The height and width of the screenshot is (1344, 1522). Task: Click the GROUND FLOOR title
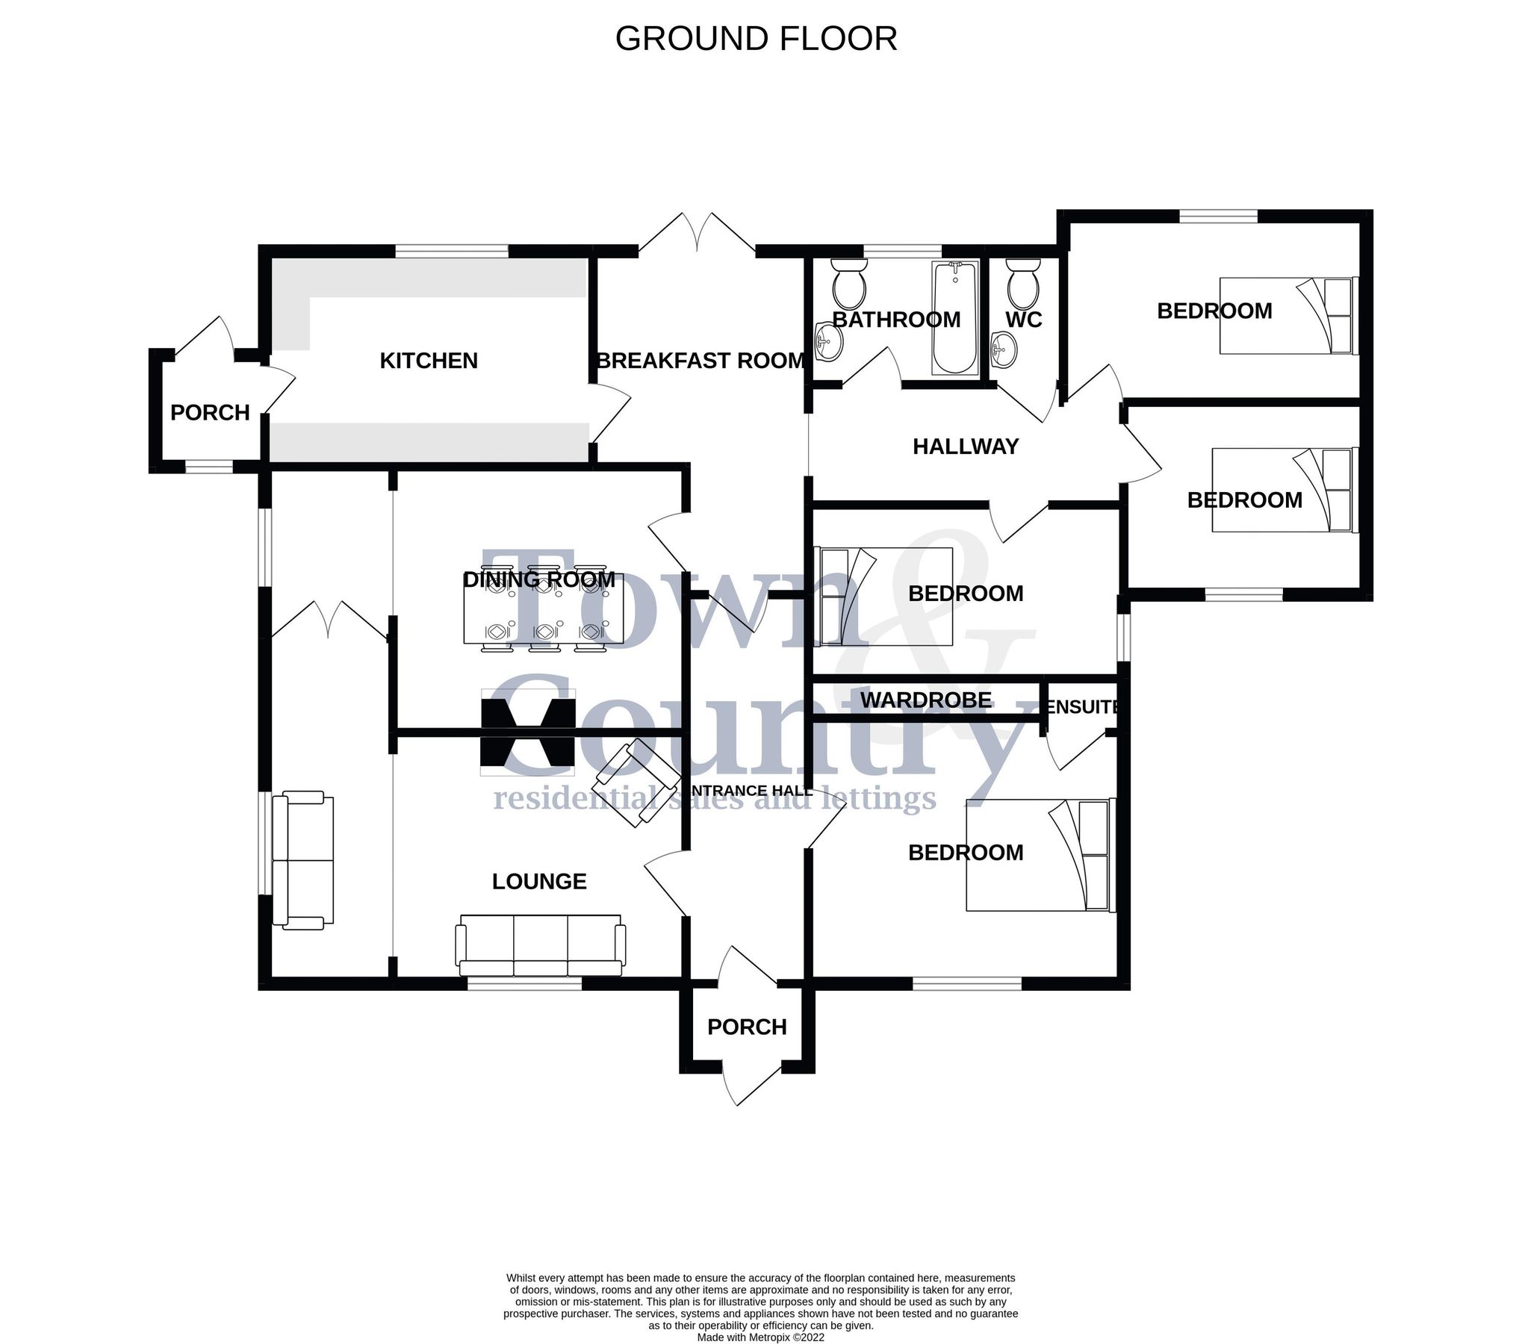pos(756,39)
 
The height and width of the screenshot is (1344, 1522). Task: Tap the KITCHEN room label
pos(429,361)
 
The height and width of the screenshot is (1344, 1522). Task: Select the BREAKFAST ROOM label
pos(701,361)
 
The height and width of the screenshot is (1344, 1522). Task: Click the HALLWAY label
pos(966,447)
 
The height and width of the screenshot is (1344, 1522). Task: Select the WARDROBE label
pos(926,700)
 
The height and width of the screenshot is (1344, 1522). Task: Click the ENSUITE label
pos(1082,707)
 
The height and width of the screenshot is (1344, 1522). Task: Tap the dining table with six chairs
pos(544,607)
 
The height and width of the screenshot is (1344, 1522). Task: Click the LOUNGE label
pos(539,882)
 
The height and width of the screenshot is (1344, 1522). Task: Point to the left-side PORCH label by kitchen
pos(210,413)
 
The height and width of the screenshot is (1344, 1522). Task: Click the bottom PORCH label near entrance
pos(747,1027)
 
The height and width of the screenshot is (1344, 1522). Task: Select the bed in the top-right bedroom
pos(1287,316)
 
